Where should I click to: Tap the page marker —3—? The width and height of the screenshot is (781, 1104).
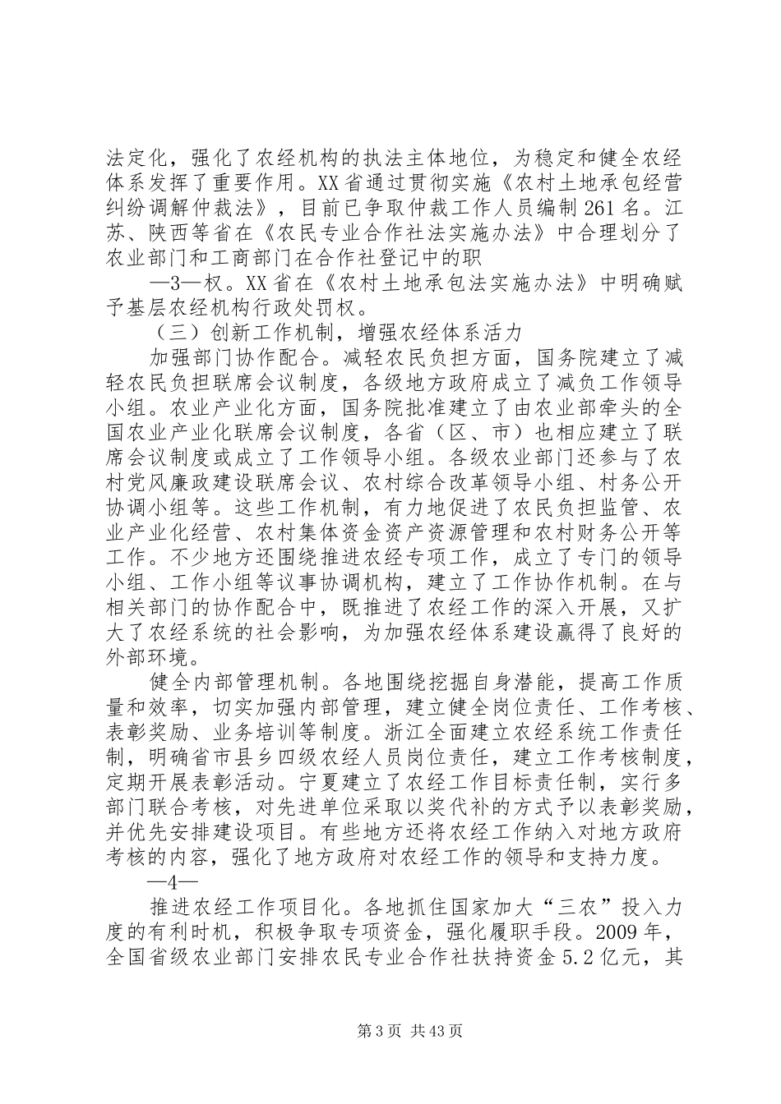pos(167,282)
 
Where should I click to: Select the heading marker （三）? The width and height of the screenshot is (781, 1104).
pos(173,333)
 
